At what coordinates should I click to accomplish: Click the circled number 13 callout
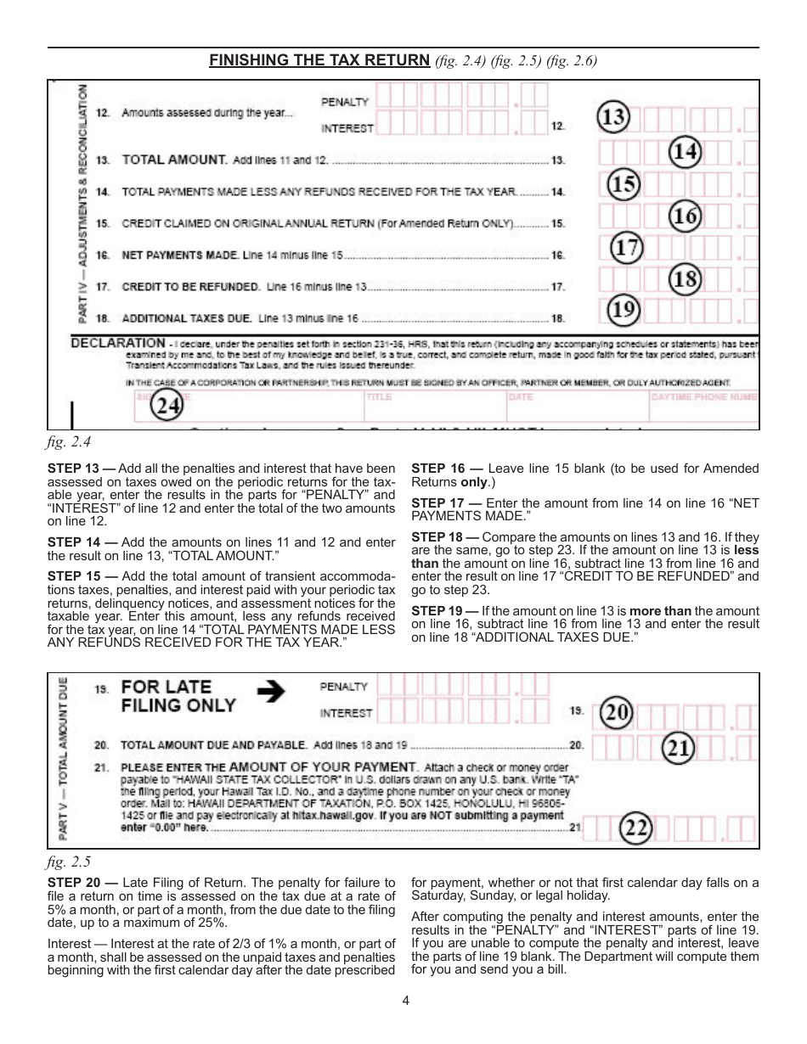pos(613,117)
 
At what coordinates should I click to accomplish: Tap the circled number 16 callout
pos(685,217)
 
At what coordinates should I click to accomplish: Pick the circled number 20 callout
pos(618,715)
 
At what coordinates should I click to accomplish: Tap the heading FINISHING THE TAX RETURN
pos(319,60)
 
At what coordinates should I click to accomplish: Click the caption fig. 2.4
pos(68,442)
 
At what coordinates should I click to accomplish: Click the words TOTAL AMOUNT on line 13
pos(175,160)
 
